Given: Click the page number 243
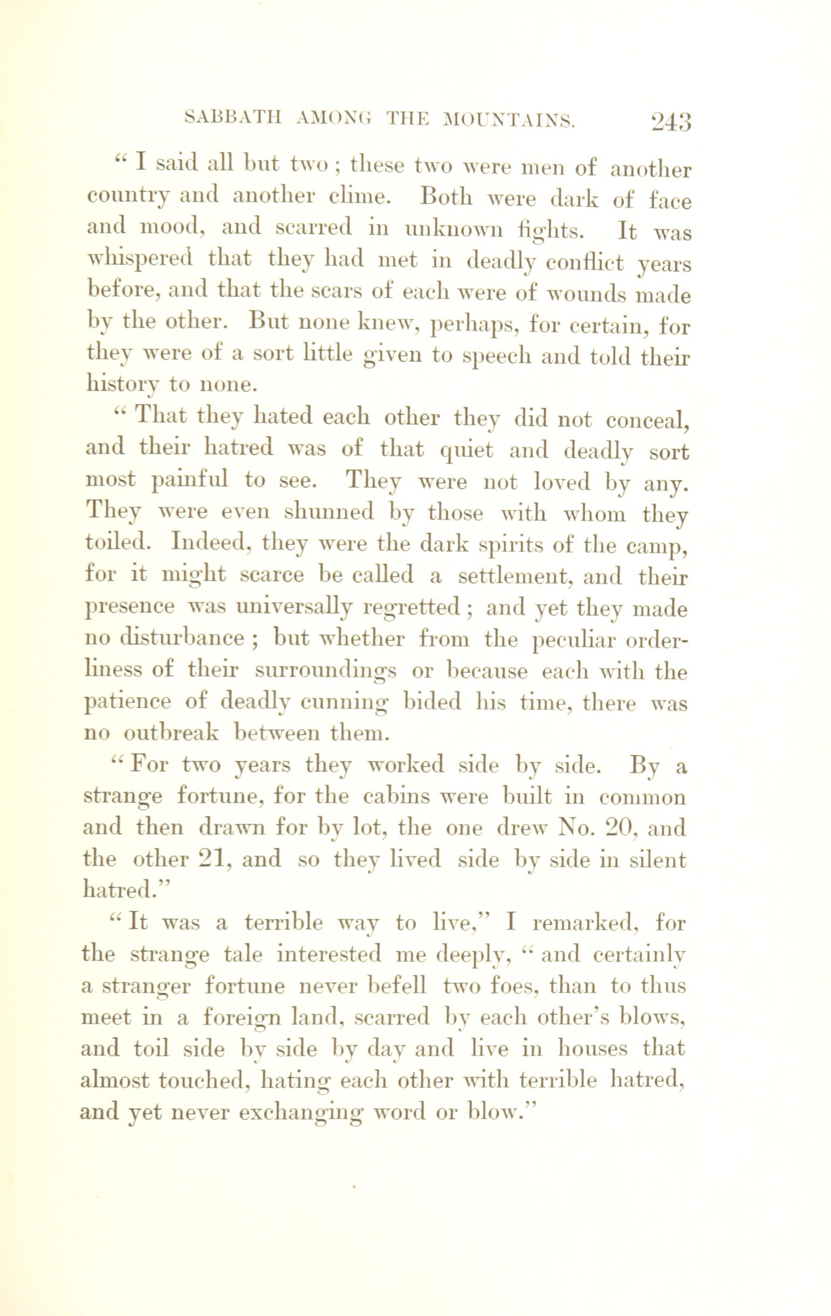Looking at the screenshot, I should [671, 121].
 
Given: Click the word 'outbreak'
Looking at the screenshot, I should [170, 733].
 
